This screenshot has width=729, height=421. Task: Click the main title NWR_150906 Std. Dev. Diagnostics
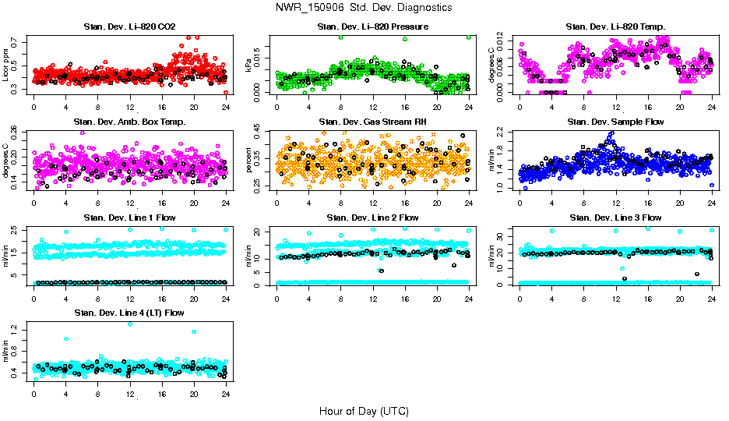364,8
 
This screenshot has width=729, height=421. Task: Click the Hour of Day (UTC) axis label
364,410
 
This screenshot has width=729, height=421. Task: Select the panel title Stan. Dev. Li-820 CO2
129,27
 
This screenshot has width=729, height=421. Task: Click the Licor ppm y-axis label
7,65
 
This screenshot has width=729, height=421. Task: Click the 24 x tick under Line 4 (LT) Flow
226,391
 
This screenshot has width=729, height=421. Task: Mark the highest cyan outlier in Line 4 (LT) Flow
129,324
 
